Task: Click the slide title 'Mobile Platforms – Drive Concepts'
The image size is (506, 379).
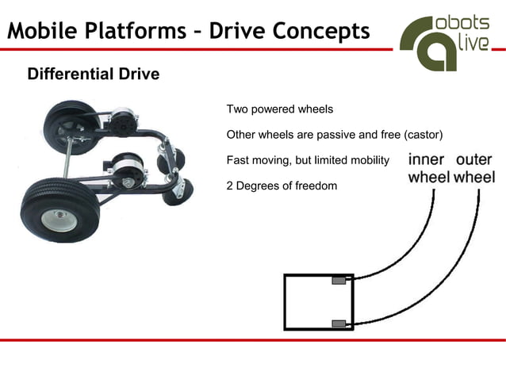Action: [x=189, y=31]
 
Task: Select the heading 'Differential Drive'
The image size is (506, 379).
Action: [x=93, y=75]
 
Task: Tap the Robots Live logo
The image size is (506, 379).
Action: [x=444, y=41]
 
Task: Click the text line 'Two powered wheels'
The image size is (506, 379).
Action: [x=279, y=109]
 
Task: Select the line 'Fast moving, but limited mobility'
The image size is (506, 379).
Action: [x=308, y=160]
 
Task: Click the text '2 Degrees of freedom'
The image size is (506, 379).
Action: [x=282, y=186]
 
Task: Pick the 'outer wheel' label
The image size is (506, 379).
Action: [x=473, y=168]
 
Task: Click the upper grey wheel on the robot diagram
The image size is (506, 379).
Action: [x=339, y=280]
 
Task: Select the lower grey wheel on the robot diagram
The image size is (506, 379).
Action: [x=339, y=323]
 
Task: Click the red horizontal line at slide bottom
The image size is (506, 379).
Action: [x=252, y=339]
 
